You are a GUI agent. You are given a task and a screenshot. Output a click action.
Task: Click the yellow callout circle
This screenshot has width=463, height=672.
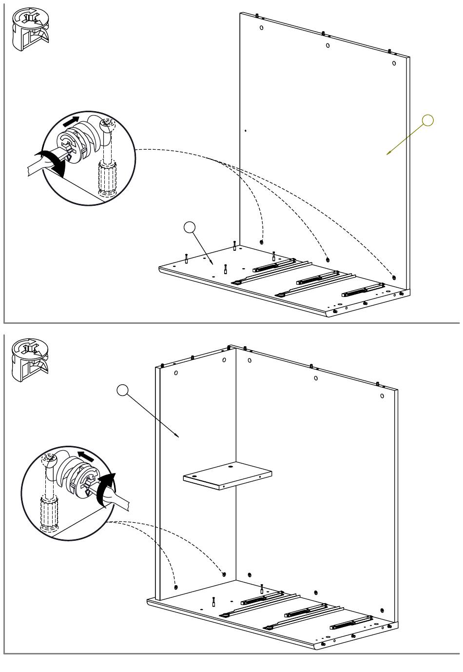(427, 120)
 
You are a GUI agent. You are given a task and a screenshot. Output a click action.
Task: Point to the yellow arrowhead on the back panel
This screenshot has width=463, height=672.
(389, 154)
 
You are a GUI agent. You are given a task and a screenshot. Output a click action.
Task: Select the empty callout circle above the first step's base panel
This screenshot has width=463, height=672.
(190, 227)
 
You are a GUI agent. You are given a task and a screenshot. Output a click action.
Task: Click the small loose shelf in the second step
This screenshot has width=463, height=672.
(227, 475)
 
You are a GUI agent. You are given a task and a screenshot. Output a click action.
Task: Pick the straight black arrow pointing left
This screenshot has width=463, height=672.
(86, 457)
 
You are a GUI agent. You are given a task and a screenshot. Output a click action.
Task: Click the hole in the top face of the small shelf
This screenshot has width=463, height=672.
(230, 466)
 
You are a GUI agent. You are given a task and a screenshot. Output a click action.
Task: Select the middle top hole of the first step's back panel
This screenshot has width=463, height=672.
(328, 45)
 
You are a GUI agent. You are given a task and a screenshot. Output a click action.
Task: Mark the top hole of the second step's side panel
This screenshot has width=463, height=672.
(175, 373)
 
